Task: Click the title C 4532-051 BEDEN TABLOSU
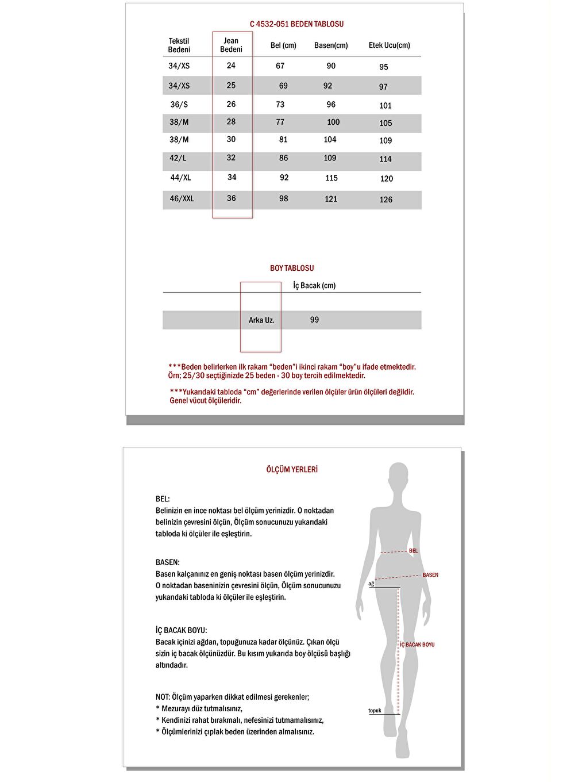pos(296,24)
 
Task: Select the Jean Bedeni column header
pos(231,45)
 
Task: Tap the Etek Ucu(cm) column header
pos(389,45)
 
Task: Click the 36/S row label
pos(179,105)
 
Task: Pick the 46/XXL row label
pos(182,199)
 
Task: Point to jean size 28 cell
pos(231,122)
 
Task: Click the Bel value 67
pos(280,66)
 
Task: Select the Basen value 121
pos(331,199)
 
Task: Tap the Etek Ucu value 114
pos(385,159)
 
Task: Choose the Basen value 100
pos(333,122)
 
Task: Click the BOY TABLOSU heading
pos(292,269)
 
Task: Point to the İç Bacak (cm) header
pos(314,286)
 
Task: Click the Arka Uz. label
pos(261,320)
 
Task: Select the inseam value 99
pos(314,320)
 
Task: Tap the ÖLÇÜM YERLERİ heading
pos(292,470)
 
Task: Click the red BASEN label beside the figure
pos(430,575)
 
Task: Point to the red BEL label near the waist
pos(413,551)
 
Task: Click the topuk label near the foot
pos(375,711)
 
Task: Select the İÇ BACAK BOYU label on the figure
pos(417,645)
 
